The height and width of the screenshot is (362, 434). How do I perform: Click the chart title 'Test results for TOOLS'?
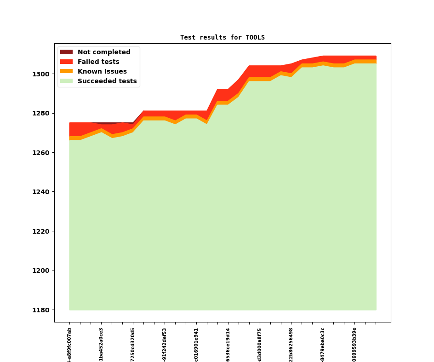pyautogui.click(x=222, y=37)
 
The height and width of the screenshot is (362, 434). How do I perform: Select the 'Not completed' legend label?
pyautogui.click(x=104, y=52)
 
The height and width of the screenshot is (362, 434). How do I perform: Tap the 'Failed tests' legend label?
pyautogui.click(x=98, y=62)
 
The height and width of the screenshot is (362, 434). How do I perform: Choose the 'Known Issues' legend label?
pyautogui.click(x=102, y=72)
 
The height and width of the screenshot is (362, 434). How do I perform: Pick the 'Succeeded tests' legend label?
pyautogui.click(x=107, y=81)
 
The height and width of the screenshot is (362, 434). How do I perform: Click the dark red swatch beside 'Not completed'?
pyautogui.click(x=66, y=52)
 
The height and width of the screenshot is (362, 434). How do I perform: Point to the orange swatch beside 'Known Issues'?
pyautogui.click(x=66, y=72)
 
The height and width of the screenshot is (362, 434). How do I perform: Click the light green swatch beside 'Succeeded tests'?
pyautogui.click(x=66, y=81)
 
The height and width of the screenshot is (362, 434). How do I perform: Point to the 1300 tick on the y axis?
pyautogui.click(x=43, y=74)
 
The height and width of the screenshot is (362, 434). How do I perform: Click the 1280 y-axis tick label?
pyautogui.click(x=43, y=113)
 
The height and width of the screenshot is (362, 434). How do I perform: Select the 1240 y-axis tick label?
pyautogui.click(x=43, y=192)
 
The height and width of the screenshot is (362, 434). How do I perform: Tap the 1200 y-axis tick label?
pyautogui.click(x=43, y=270)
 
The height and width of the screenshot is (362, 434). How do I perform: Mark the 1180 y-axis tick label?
pyautogui.click(x=43, y=310)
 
